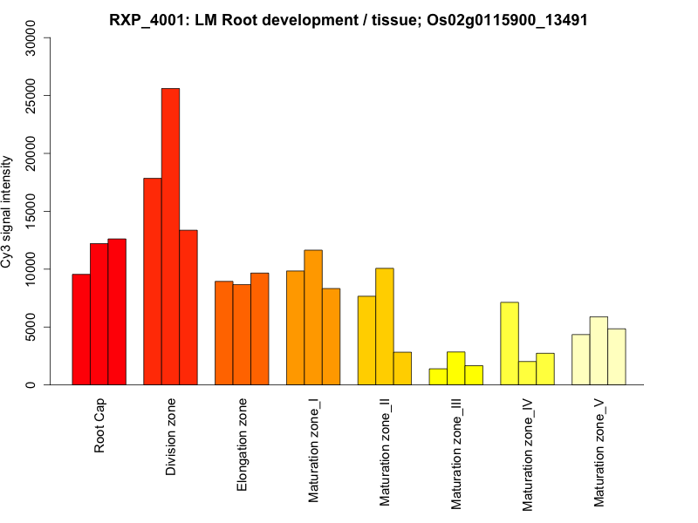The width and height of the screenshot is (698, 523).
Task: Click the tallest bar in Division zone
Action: (170, 236)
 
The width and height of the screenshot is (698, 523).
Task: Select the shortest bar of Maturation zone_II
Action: (402, 368)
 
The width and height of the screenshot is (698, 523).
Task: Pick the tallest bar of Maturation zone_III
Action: (455, 368)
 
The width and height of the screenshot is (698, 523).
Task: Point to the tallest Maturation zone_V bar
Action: (599, 350)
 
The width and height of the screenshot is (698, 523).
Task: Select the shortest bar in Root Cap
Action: (81, 329)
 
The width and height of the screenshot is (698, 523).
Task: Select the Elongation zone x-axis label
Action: (243, 445)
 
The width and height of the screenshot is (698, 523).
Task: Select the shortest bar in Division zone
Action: (188, 307)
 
